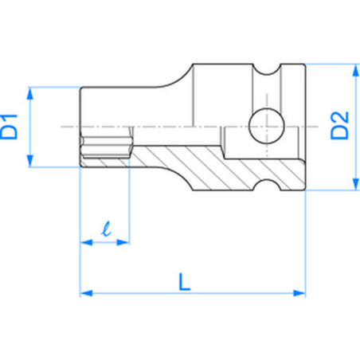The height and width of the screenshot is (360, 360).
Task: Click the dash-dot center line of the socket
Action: click(159, 126)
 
